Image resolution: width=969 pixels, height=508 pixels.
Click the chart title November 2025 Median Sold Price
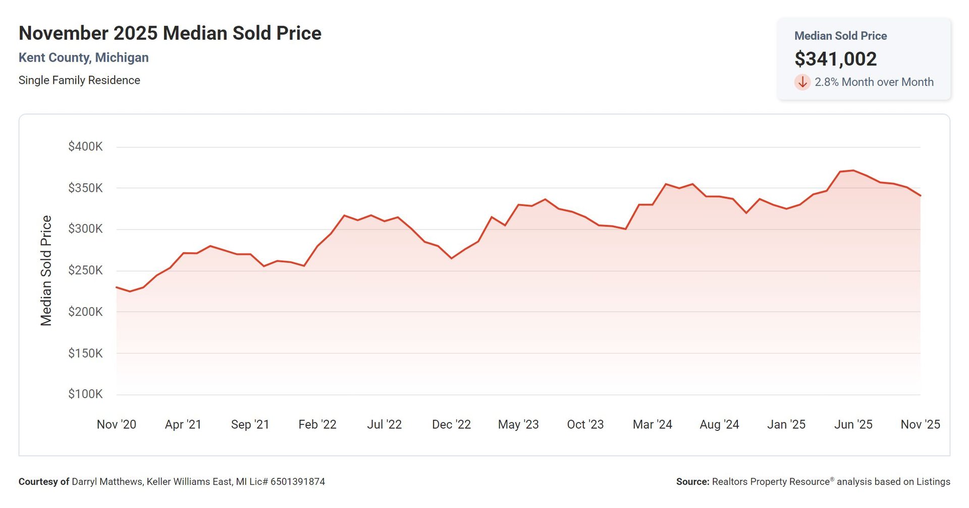coord(170,33)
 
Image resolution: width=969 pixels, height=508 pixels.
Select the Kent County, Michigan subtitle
coord(83,58)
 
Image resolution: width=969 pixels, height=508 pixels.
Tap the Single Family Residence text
coord(79,80)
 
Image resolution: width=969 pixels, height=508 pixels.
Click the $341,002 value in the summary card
coord(835,59)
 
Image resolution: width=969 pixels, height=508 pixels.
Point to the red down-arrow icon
coord(802,82)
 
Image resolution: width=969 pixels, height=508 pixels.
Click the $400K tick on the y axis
coord(85,147)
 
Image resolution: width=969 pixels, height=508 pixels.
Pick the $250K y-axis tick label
coord(85,270)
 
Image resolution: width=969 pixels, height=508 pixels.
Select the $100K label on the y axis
coord(85,394)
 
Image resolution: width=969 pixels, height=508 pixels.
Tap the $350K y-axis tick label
coord(85,188)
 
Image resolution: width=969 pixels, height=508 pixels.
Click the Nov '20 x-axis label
coord(117,425)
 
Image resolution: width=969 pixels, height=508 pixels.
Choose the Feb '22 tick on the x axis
coord(317,425)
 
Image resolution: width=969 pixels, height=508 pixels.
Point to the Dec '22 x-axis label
coord(451,425)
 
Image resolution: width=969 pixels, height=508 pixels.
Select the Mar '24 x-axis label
coord(652,425)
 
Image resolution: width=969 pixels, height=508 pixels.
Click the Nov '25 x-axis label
coord(920,425)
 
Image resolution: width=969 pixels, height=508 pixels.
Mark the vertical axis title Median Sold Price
coord(46,270)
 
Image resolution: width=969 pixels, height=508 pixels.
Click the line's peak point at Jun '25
coord(853,171)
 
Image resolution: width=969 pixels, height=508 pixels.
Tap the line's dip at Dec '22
coord(451,258)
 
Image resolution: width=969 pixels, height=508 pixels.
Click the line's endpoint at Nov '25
coord(920,196)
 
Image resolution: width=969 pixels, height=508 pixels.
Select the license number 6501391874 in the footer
coord(297,482)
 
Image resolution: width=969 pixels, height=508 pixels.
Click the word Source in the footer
coord(692,482)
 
